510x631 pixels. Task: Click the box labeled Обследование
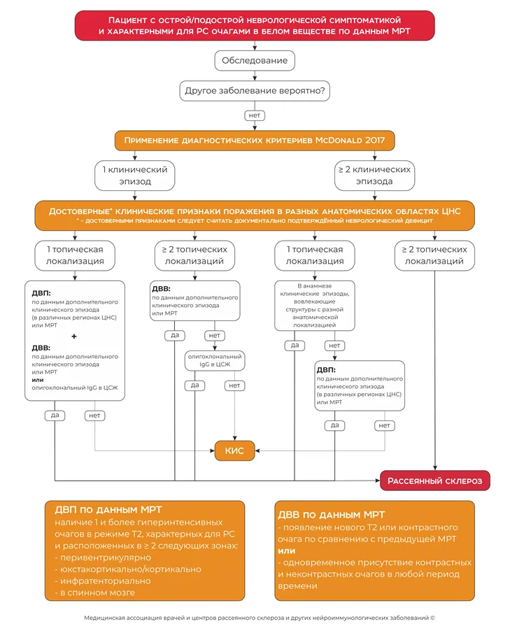pos(255,60)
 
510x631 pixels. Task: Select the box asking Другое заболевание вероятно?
pos(255,90)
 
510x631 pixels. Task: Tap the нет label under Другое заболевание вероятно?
pos(255,115)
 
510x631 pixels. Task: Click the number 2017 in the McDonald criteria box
pos(375,140)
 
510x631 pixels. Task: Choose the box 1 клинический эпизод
pos(135,176)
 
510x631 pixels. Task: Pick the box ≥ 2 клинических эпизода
pos(374,176)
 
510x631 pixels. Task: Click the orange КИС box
pos(234,451)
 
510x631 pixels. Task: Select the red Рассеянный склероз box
pos(434,481)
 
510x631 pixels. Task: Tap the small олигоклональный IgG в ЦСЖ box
pos(215,360)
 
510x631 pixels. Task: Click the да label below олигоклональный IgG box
pos(194,385)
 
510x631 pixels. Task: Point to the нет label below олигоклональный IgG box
pos(234,385)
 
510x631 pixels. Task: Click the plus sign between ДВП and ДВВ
pos(74,336)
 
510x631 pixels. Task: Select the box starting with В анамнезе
pos(315,306)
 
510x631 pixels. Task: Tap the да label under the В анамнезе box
pos(295,346)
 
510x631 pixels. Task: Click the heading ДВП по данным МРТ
pos(108,510)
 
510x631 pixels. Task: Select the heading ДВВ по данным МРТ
pos(332,515)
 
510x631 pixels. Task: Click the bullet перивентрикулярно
pos(103,558)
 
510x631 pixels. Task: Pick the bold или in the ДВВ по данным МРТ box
pos(287,551)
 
